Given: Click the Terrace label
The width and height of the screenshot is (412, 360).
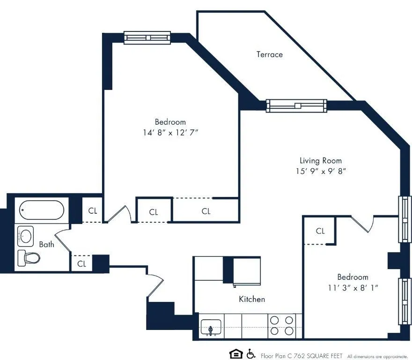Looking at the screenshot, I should pyautogui.click(x=269, y=54).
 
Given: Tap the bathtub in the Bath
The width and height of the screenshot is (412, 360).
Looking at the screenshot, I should pyautogui.click(x=41, y=210).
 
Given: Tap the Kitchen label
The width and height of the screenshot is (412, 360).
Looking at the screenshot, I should pyautogui.click(x=252, y=299).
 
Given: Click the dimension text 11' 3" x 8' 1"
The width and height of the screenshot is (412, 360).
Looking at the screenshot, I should pyautogui.click(x=353, y=287).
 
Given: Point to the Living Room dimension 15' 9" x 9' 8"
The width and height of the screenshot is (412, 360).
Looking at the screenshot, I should pyautogui.click(x=320, y=171).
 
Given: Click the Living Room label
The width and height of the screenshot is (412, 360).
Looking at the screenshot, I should pyautogui.click(x=320, y=160).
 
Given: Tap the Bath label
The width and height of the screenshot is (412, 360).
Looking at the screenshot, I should pyautogui.click(x=46, y=244).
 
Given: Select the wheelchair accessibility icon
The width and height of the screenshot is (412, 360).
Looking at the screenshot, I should pyautogui.click(x=250, y=354).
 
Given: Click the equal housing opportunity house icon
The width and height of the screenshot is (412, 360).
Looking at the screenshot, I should pyautogui.click(x=235, y=354).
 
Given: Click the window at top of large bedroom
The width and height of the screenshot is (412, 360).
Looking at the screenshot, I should pyautogui.click(x=147, y=37).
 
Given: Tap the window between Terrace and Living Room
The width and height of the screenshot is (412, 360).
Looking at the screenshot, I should pyautogui.click(x=296, y=106).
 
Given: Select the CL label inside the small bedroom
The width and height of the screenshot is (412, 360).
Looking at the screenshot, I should pyautogui.click(x=320, y=231).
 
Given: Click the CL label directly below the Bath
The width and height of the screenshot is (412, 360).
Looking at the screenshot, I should pyautogui.click(x=82, y=264).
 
